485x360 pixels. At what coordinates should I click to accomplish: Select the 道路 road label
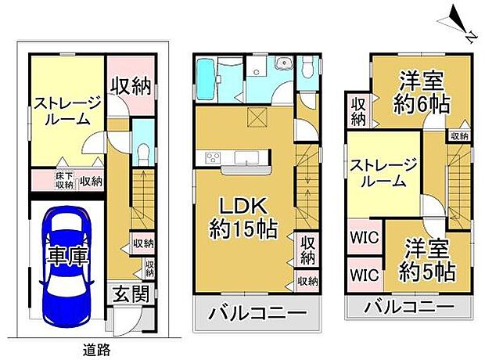coord(96,350)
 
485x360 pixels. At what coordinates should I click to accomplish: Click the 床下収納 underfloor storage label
coord(64,181)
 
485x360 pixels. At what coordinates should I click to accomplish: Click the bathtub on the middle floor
coord(206,79)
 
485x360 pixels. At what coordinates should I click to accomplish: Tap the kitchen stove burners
coord(213,157)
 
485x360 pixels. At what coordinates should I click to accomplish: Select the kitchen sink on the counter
coord(246,157)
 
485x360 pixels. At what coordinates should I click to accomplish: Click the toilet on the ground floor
coord(143,154)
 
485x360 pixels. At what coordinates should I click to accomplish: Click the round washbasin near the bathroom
coord(282,63)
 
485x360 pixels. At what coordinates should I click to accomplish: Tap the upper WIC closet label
coord(365,237)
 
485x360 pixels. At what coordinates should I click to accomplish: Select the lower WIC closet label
coord(365,275)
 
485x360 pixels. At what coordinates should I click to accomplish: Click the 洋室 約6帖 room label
coord(422,92)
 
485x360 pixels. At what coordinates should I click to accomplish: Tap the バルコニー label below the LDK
coord(257,314)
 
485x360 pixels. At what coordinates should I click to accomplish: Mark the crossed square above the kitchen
coord(257,117)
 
